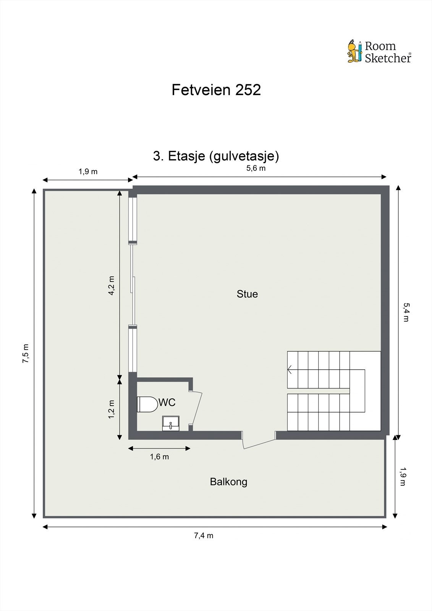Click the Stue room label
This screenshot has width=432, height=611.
coord(247,294)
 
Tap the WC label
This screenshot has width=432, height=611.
coord(167,402)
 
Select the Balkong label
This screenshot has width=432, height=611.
coord(228,482)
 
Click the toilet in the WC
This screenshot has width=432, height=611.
coord(147,404)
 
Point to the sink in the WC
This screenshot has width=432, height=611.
coord(170,423)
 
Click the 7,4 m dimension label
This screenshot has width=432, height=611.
coord(204,535)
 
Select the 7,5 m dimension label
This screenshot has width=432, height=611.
coord(26,353)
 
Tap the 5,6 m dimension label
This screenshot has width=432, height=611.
coord(256,168)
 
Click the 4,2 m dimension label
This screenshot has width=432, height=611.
coord(112,286)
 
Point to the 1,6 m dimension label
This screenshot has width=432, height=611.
coord(159,457)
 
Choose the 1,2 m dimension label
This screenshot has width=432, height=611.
coord(112,409)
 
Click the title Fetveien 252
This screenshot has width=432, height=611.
coord(216,90)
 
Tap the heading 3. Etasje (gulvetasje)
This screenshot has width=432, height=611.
coord(216,156)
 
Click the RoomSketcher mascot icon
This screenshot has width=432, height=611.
coord(354,51)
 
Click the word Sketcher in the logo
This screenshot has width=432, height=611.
coord(387,58)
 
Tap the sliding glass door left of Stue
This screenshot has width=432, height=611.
coord(133,284)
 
